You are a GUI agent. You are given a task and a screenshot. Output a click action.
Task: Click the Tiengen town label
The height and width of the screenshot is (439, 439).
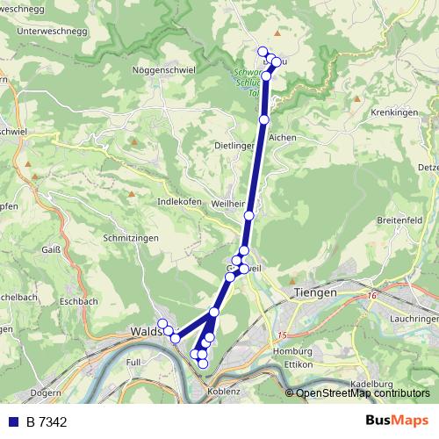315,293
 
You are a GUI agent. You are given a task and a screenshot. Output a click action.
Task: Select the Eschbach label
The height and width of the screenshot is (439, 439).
79,301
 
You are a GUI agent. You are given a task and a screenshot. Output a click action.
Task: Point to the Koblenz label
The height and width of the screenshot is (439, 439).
224,392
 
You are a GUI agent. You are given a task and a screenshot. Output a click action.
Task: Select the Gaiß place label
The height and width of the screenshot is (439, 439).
51,250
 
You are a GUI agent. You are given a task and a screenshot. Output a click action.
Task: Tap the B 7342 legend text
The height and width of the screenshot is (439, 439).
47,422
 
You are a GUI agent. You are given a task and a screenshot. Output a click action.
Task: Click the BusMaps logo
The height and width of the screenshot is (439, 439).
396,421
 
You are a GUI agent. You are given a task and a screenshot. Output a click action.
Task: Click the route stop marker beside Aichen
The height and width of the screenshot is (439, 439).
264,119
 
